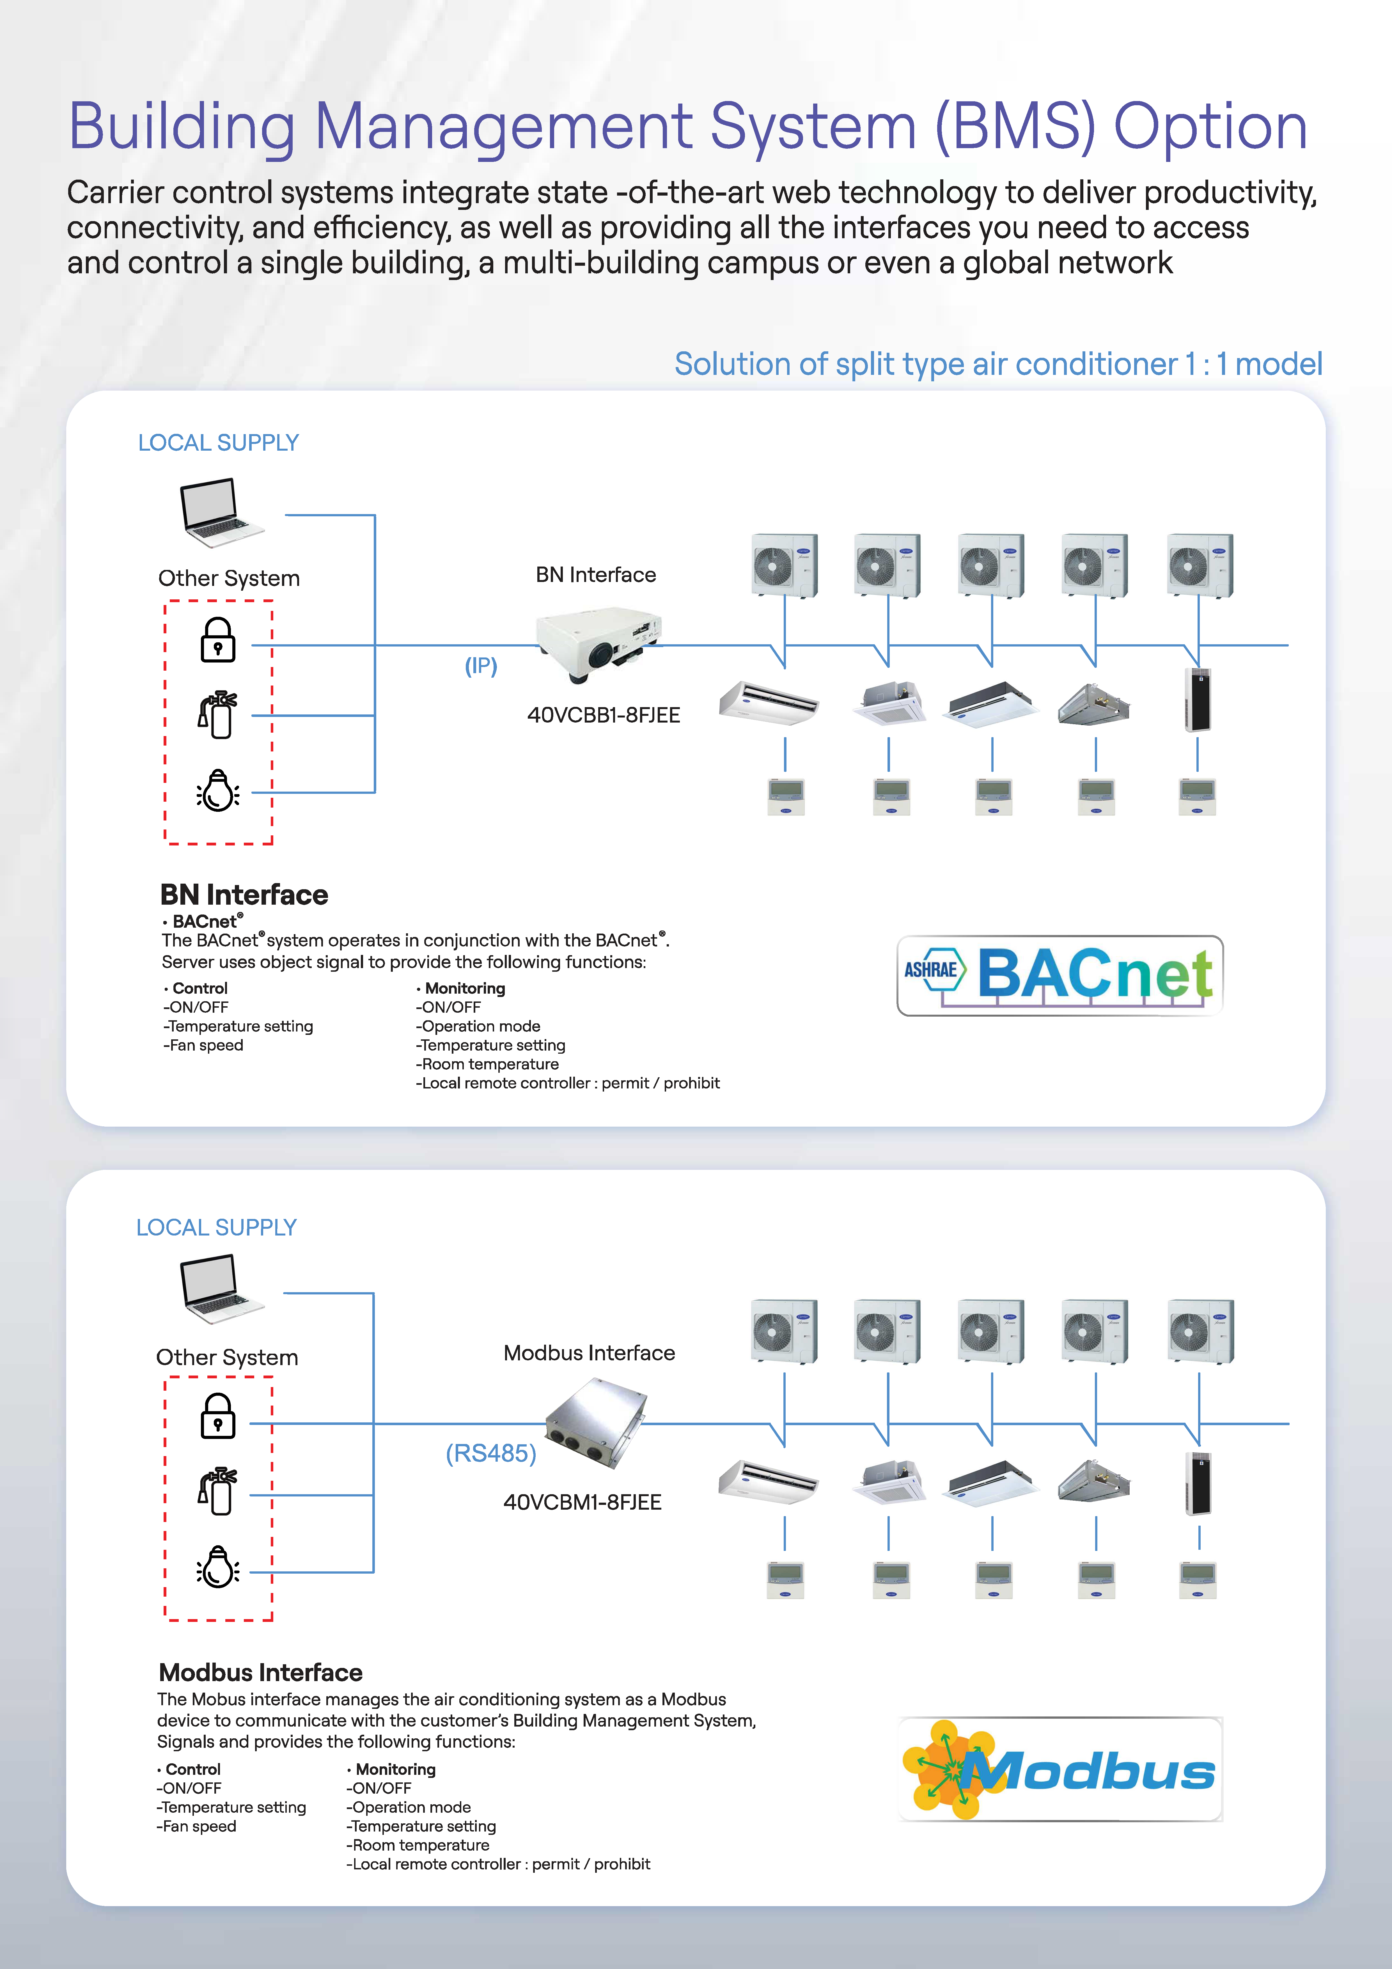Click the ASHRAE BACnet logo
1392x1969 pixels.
pos(1059,975)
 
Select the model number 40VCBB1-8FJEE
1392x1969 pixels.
pos(603,715)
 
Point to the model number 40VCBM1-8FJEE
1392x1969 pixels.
pos(582,1502)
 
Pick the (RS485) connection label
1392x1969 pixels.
pos(490,1454)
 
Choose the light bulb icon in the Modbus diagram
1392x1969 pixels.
pos(218,1567)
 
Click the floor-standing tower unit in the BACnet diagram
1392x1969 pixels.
pos(1198,699)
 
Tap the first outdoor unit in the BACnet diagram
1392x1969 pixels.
pos(784,565)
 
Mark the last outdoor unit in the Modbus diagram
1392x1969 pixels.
pos(1200,1331)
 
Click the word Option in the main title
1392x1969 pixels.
pos(1210,127)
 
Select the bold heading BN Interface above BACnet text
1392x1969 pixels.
pos(244,895)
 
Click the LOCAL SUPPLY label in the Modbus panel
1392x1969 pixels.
pos(216,1227)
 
